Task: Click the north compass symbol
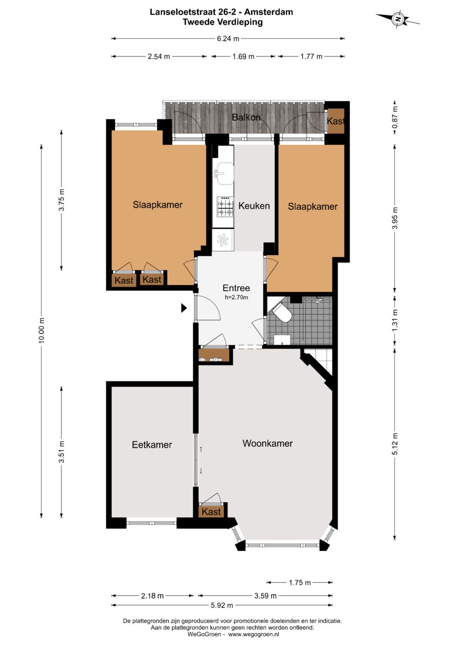398,19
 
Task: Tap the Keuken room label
254,206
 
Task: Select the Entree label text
236,288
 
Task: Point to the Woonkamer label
267,443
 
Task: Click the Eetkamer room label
152,444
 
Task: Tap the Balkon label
246,117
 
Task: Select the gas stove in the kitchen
225,206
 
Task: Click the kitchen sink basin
225,173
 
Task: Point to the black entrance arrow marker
184,308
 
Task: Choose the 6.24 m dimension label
228,38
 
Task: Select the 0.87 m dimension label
394,117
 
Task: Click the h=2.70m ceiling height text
236,297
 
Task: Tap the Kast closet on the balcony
336,121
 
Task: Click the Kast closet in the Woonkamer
211,512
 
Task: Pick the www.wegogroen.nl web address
253,634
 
